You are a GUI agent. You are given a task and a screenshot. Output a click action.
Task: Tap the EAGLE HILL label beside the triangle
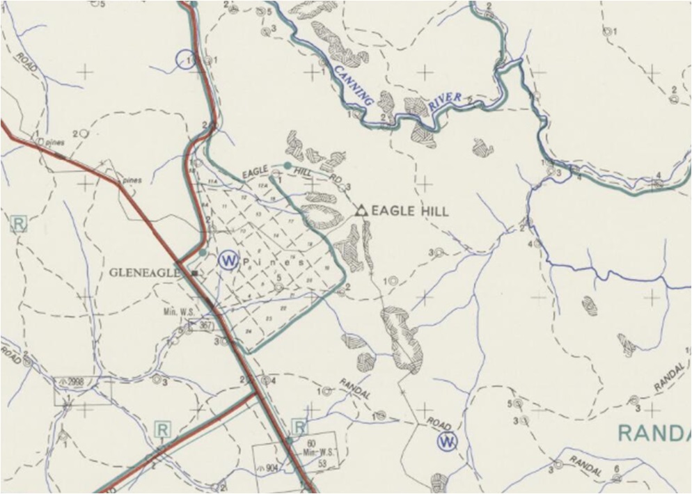pos(411,211)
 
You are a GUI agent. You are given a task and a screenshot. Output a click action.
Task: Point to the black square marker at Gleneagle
pos(195,273)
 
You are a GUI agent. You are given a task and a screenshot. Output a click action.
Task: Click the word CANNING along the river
pos(352,84)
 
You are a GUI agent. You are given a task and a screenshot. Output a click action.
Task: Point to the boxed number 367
pos(205,326)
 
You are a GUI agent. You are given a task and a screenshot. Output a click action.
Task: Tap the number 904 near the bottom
pos(272,468)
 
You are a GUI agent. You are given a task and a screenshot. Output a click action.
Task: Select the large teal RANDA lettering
pos(654,433)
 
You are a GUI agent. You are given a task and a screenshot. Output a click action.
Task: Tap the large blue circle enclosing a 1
pos(186,60)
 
